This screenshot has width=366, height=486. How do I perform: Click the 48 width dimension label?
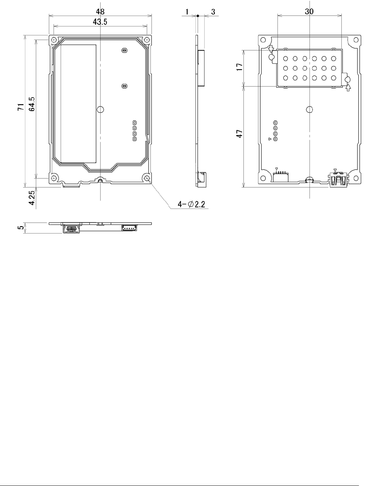pyautogui.click(x=100, y=12)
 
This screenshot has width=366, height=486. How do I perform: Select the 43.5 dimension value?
pyautogui.click(x=100, y=22)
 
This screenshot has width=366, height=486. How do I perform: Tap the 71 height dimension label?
pyautogui.click(x=20, y=107)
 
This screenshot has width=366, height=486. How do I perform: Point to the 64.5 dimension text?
pyautogui.click(x=32, y=104)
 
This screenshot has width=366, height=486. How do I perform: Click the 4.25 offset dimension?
pyautogui.click(x=32, y=198)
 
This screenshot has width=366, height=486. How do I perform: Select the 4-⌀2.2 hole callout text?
pyautogui.click(x=191, y=204)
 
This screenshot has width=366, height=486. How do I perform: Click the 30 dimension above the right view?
pyautogui.click(x=309, y=12)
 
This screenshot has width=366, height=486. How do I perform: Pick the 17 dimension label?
pyautogui.click(x=239, y=67)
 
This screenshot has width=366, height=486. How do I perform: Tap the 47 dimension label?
pyautogui.click(x=239, y=134)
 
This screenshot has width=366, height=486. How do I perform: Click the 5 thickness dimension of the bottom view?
pyautogui.click(x=21, y=228)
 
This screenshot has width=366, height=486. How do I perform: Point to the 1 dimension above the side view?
pyautogui.click(x=187, y=12)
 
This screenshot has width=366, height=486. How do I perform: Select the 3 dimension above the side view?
pyautogui.click(x=213, y=12)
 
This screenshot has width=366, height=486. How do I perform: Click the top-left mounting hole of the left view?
pyautogui.click(x=54, y=40)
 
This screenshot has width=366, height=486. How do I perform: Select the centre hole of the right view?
pyautogui.click(x=309, y=109)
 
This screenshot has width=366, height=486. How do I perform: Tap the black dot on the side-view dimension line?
pyautogui.click(x=198, y=16)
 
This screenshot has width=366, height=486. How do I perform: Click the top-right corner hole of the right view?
pyautogui.click(x=356, y=40)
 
